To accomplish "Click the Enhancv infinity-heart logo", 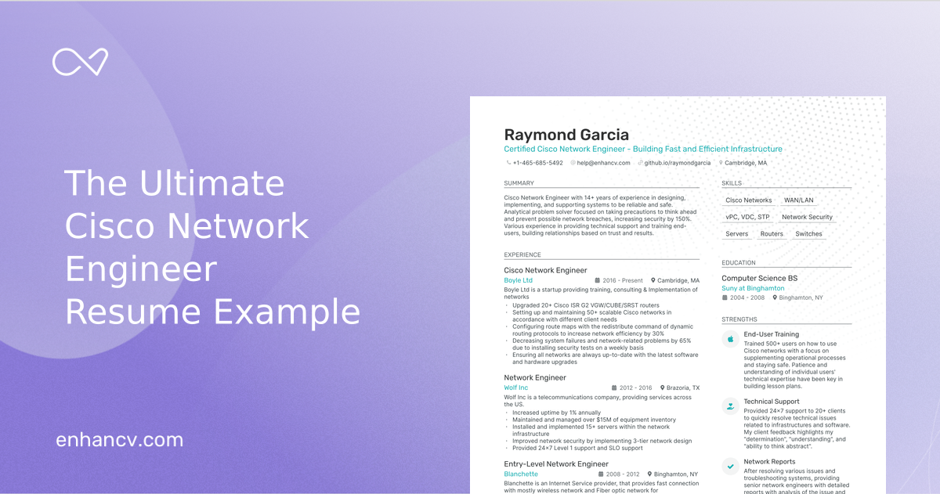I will (80, 62).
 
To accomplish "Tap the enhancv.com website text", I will (119, 440).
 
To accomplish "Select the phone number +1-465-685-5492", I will (537, 163).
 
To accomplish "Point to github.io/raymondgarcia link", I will (677, 163).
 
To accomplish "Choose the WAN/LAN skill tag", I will (798, 200).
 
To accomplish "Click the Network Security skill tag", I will (807, 217).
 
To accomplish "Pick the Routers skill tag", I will (772, 234).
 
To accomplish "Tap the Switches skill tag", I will (808, 234).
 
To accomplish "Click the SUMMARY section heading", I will (519, 183).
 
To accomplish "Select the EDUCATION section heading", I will (739, 263).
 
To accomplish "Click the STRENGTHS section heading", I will (739, 319).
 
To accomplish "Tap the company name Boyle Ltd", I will (518, 280).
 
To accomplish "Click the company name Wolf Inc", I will (515, 388).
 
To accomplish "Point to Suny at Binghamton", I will (753, 288).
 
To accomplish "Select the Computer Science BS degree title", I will (759, 278).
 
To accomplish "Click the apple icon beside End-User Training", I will (730, 339).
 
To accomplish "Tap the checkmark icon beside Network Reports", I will (730, 465).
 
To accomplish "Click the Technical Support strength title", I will (772, 402).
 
